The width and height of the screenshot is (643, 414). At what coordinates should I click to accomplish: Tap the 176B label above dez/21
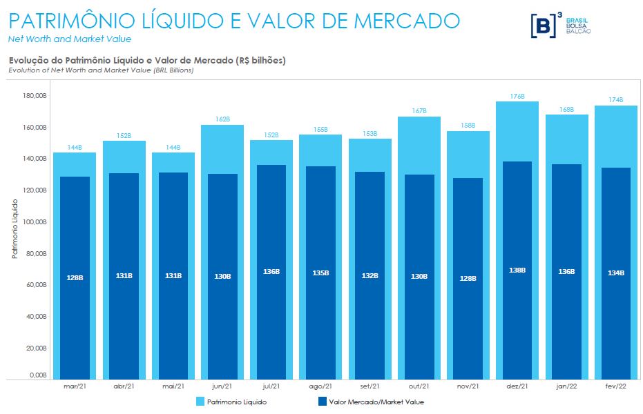(519, 96)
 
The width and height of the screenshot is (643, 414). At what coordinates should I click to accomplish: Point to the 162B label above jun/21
(222, 119)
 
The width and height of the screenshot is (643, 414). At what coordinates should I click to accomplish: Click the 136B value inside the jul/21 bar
(271, 271)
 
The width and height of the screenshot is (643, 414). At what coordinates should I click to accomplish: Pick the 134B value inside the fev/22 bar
(617, 273)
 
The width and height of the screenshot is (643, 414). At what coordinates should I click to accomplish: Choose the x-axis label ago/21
(321, 386)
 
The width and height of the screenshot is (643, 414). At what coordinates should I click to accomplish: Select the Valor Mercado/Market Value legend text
(376, 401)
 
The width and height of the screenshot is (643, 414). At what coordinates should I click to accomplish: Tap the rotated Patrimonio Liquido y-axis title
(15, 228)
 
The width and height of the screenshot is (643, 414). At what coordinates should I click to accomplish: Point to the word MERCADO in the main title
(407, 20)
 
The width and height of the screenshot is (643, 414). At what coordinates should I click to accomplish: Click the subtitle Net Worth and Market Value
(69, 39)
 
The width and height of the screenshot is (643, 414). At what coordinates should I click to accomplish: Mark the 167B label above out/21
(419, 111)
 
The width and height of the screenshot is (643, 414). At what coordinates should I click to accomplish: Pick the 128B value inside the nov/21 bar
(469, 277)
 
